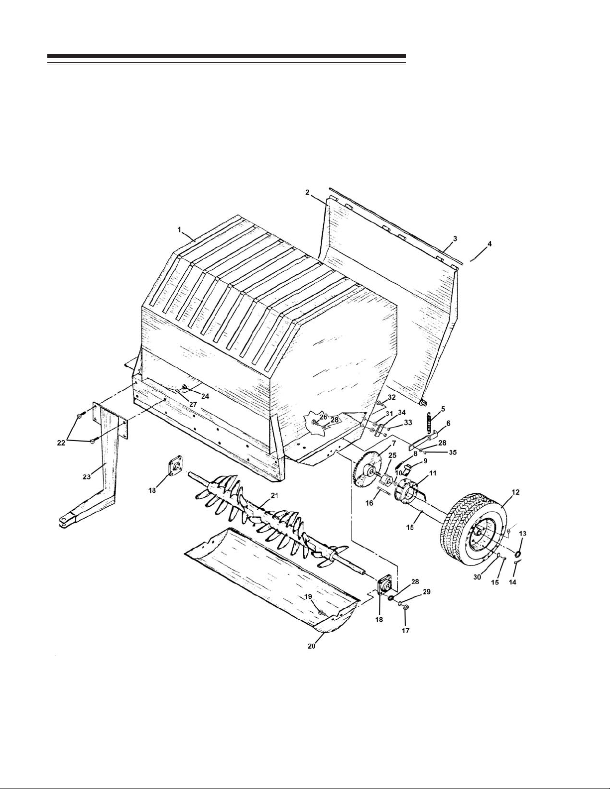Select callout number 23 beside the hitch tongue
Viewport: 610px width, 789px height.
87,477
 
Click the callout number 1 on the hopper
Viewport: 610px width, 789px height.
179,229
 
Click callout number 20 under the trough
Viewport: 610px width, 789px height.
312,646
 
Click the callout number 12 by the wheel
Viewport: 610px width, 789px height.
515,492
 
